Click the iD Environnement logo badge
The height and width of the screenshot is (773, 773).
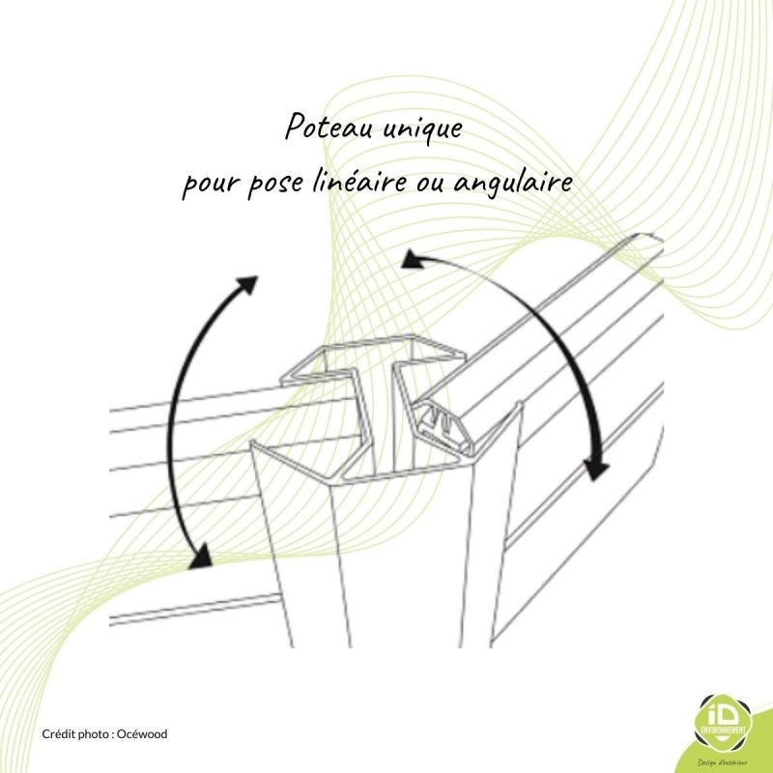[x=723, y=725]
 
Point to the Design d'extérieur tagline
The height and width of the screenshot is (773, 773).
[x=723, y=762]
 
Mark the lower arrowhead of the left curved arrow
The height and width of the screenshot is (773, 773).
[x=202, y=558]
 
